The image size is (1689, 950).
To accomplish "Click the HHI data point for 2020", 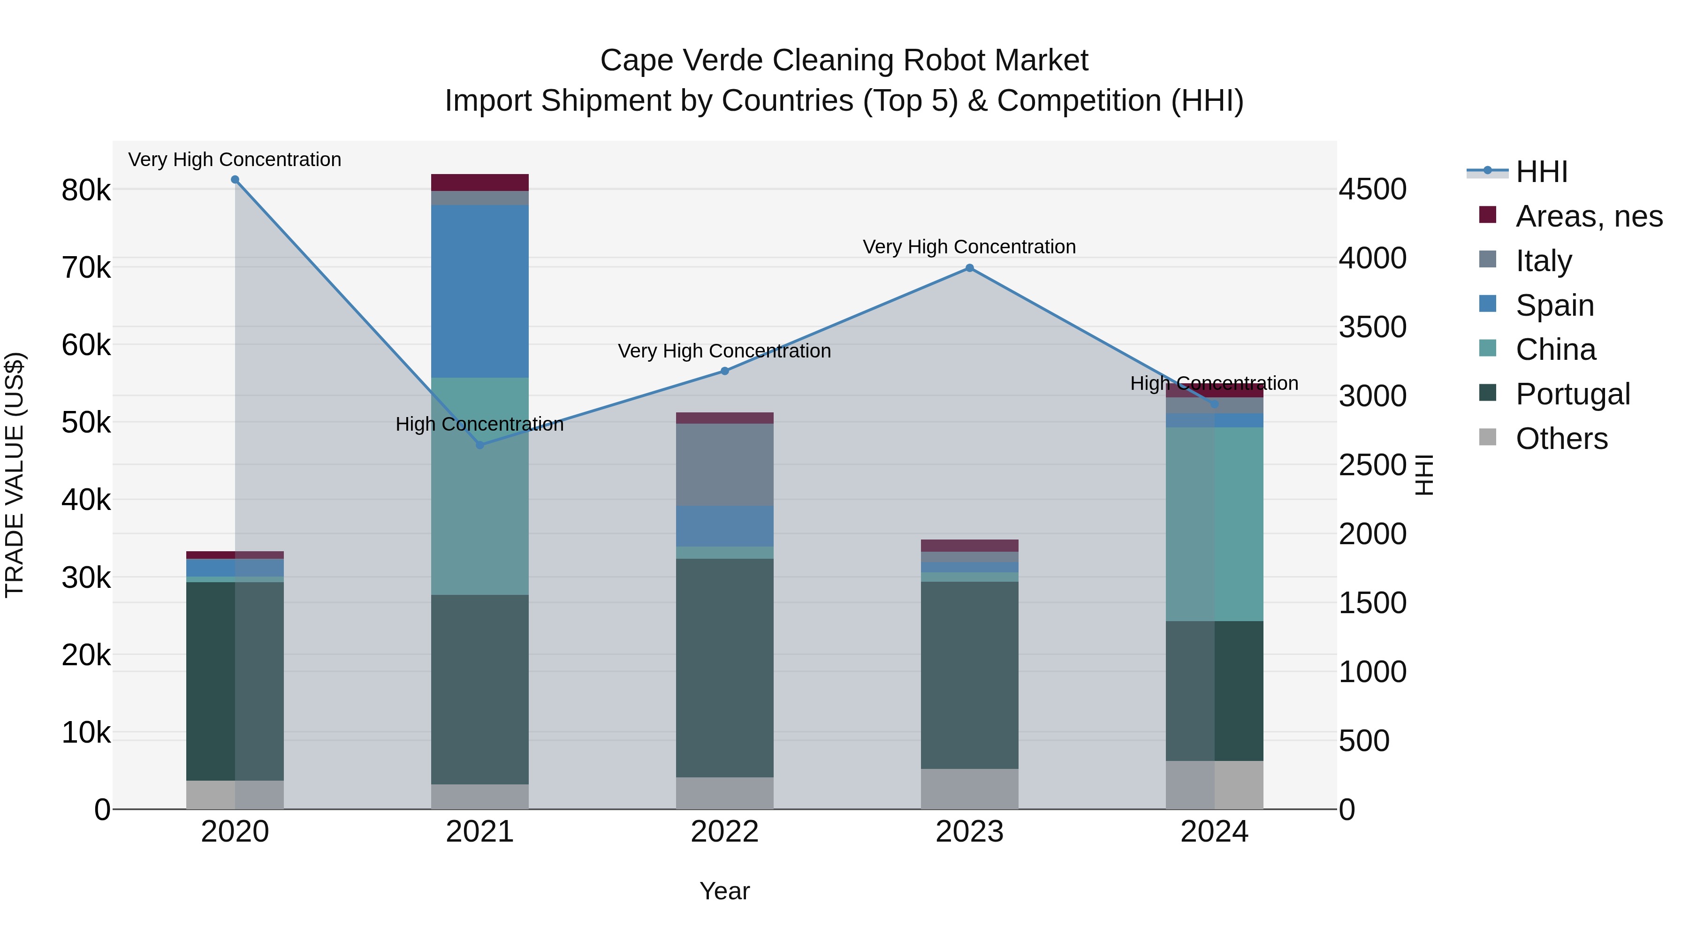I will click(x=235, y=180).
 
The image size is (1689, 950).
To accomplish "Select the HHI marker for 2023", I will click(x=970, y=268).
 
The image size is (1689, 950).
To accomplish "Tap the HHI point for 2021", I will click(x=480, y=445).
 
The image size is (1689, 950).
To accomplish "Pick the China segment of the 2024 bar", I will click(x=1214, y=524).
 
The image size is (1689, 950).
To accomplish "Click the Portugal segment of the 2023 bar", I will click(x=970, y=675).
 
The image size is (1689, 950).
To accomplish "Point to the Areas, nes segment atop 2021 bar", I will click(x=480, y=182).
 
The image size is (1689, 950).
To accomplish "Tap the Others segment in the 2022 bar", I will click(x=724, y=793).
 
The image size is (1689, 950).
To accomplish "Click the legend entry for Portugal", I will click(x=1572, y=394).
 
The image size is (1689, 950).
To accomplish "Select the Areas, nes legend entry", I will click(x=1589, y=216).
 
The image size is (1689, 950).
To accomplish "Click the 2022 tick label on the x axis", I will click(x=724, y=832).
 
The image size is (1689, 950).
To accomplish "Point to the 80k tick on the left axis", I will click(x=86, y=191).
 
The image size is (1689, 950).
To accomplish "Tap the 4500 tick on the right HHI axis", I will click(x=1372, y=190).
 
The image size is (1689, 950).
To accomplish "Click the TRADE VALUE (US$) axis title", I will click(x=15, y=475).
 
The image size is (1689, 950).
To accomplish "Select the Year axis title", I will click(x=724, y=891).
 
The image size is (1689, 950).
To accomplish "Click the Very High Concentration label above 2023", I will click(x=969, y=247).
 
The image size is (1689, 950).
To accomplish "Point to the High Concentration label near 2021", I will click(x=479, y=424).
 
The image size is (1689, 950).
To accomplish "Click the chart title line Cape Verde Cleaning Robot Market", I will click(x=844, y=61).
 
